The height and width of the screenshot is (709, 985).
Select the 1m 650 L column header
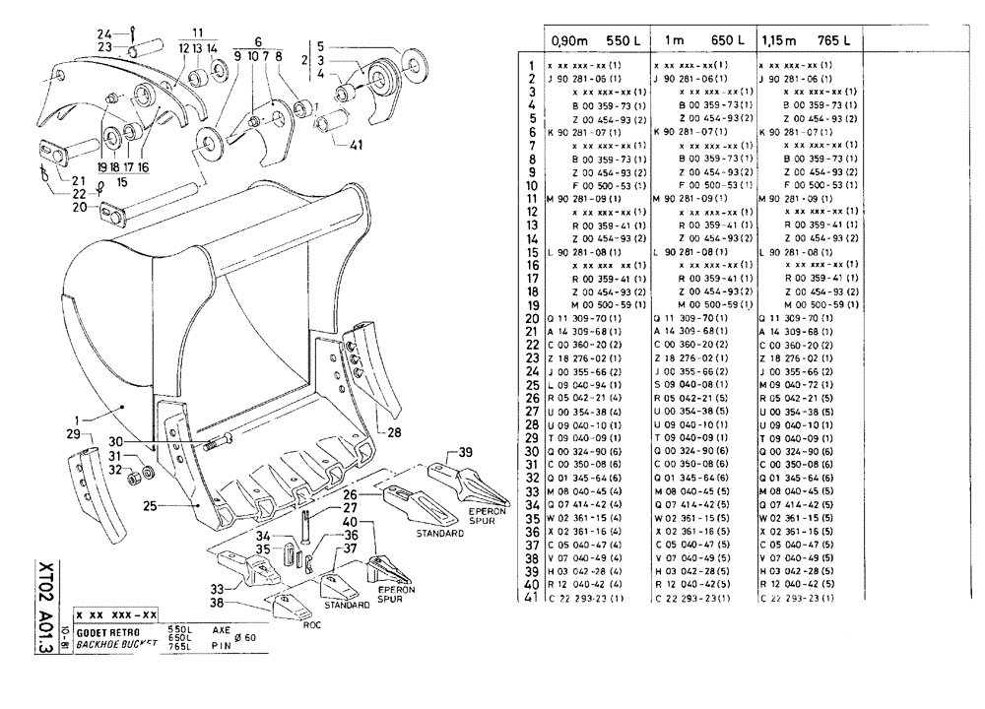click(x=700, y=40)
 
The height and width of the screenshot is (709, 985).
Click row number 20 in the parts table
click(x=532, y=319)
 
